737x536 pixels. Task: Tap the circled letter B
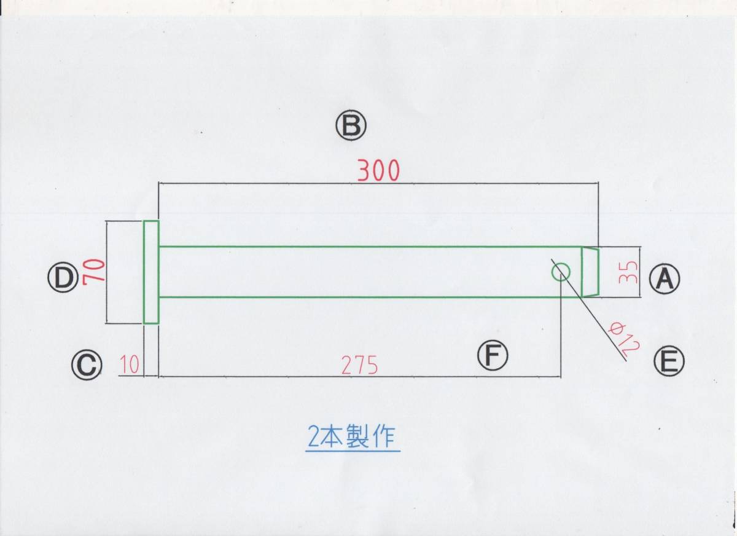[351, 126]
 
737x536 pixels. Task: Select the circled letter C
[86, 366]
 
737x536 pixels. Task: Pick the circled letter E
[669, 361]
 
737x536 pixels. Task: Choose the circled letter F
[493, 357]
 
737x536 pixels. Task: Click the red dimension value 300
[378, 170]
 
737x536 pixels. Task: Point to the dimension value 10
[130, 366]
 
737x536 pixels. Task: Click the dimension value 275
[359, 366]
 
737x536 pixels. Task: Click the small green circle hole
[561, 272]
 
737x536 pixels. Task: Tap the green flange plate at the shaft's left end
[151, 272]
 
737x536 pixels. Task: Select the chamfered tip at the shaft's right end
[590, 272]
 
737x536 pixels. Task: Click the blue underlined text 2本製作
[353, 438]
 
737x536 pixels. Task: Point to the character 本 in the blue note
[332, 438]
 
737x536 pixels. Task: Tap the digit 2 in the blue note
[312, 438]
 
